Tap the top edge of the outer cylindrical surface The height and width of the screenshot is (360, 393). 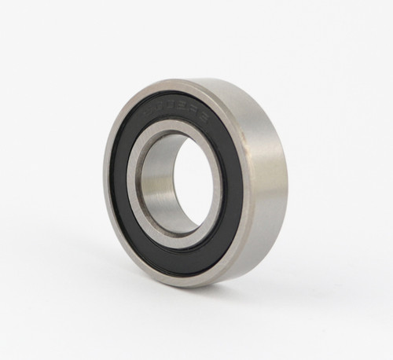228,85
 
